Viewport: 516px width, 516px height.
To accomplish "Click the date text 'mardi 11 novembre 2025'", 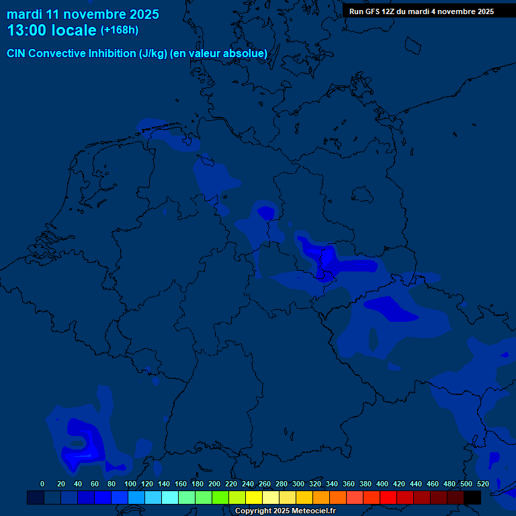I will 83,14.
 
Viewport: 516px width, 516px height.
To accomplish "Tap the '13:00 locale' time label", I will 52,30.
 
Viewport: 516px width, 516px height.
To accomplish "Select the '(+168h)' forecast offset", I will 120,30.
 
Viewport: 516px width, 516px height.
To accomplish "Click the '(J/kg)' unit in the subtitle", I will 153,54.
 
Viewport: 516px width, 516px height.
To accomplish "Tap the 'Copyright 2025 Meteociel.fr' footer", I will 286,511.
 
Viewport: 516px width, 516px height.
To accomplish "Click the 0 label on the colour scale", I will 42,484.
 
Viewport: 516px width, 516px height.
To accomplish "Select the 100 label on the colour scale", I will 130,484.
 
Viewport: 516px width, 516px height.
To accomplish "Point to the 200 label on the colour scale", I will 214,484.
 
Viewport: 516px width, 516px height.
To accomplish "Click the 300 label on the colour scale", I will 298,484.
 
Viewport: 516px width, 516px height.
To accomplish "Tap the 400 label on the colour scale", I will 382,484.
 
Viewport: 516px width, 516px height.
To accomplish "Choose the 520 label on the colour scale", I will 483,484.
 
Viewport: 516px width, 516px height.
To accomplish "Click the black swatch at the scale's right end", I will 472,497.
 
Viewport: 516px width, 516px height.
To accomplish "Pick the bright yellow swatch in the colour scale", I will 254,497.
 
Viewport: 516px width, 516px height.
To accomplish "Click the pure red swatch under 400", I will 388,497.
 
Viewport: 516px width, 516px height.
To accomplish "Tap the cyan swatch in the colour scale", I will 170,497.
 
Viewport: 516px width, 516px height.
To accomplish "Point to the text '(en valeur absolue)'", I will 219,54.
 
